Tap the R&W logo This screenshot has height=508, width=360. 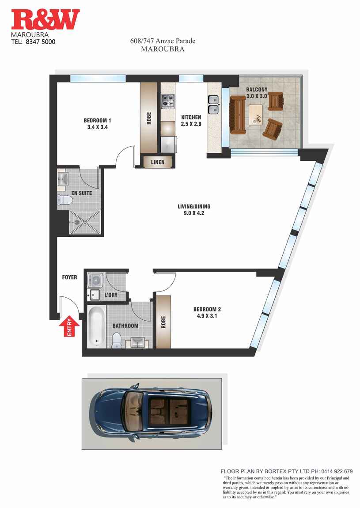click(x=45, y=20)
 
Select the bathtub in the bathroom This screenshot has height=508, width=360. click(x=96, y=327)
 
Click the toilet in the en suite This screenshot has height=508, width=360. click(x=65, y=200)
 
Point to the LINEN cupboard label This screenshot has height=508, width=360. click(x=158, y=162)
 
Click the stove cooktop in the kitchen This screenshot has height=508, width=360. click(x=168, y=102)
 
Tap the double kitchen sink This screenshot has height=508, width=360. click(x=213, y=104)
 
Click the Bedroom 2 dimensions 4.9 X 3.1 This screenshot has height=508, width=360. click(x=206, y=316)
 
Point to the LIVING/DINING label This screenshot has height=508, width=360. click(x=194, y=206)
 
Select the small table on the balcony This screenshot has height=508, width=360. click(x=257, y=114)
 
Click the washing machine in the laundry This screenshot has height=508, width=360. click(x=95, y=280)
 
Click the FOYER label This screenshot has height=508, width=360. click(x=69, y=277)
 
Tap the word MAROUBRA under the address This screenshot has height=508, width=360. click(x=163, y=49)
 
